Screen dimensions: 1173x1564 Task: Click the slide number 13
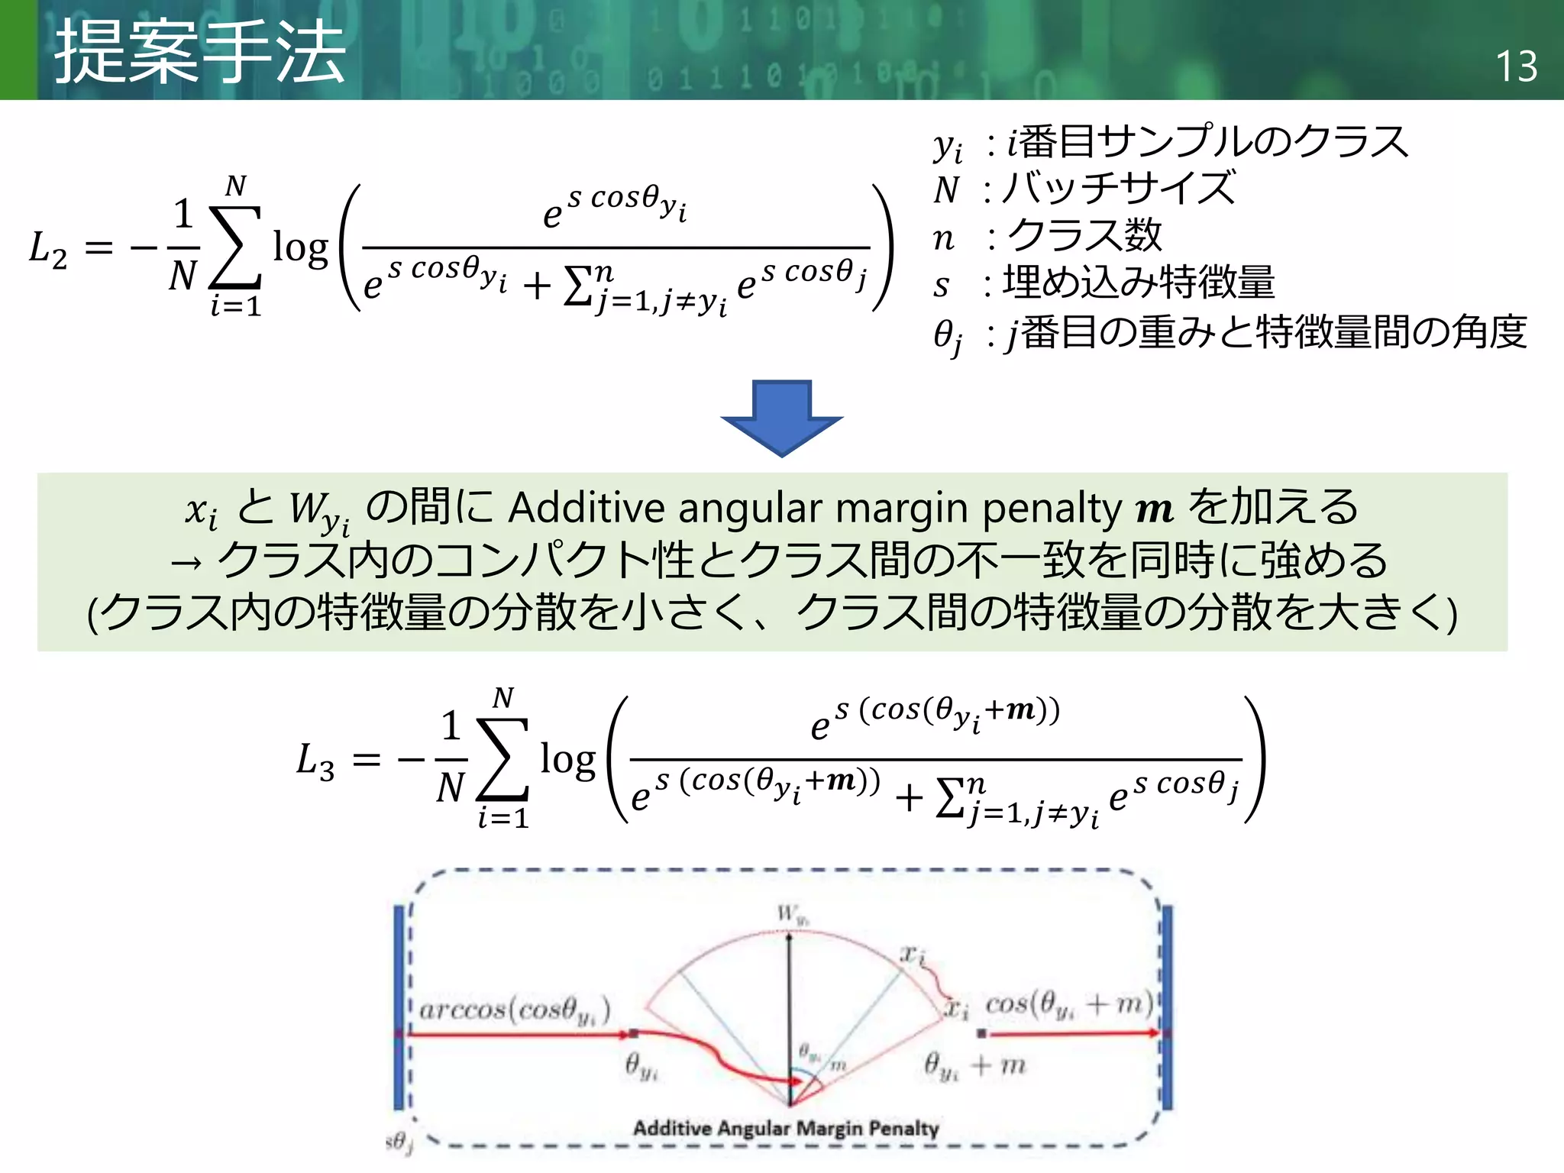point(1516,67)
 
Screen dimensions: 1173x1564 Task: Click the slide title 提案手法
point(200,52)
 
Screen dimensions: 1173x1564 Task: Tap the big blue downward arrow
point(781,417)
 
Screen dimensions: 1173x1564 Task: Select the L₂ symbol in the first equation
point(48,249)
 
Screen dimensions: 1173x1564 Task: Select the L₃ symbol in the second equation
point(315,761)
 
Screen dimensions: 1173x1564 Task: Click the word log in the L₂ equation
point(300,248)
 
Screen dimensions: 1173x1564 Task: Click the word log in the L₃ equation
point(567,761)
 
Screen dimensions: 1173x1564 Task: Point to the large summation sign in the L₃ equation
point(502,760)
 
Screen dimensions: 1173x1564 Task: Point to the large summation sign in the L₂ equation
point(235,247)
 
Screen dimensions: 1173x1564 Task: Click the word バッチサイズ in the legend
point(1119,189)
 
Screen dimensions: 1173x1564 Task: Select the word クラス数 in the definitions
point(1084,236)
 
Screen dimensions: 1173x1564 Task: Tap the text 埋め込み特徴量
point(1139,283)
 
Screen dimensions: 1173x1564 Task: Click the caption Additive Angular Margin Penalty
point(786,1128)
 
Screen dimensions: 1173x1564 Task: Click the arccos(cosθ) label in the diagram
point(515,1010)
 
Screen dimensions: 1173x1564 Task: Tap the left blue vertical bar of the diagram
point(399,1007)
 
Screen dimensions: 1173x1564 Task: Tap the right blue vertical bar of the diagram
point(1167,1007)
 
